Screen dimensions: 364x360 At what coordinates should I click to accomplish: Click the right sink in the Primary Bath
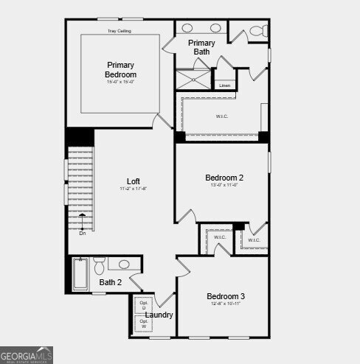216,28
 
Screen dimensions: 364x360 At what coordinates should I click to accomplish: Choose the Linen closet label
224,85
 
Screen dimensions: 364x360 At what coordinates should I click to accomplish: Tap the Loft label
134,181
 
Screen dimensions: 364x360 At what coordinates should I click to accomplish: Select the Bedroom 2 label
224,178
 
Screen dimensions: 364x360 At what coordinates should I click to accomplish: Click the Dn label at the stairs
83,233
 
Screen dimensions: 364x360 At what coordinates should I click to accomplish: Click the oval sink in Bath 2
124,264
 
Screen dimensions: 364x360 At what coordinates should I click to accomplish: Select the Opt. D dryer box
144,305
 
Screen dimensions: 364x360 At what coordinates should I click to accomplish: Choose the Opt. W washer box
144,323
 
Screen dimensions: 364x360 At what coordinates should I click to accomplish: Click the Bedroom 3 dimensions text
225,304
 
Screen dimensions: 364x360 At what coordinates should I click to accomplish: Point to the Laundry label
159,315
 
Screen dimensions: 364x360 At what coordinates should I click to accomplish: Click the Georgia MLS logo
27,354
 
